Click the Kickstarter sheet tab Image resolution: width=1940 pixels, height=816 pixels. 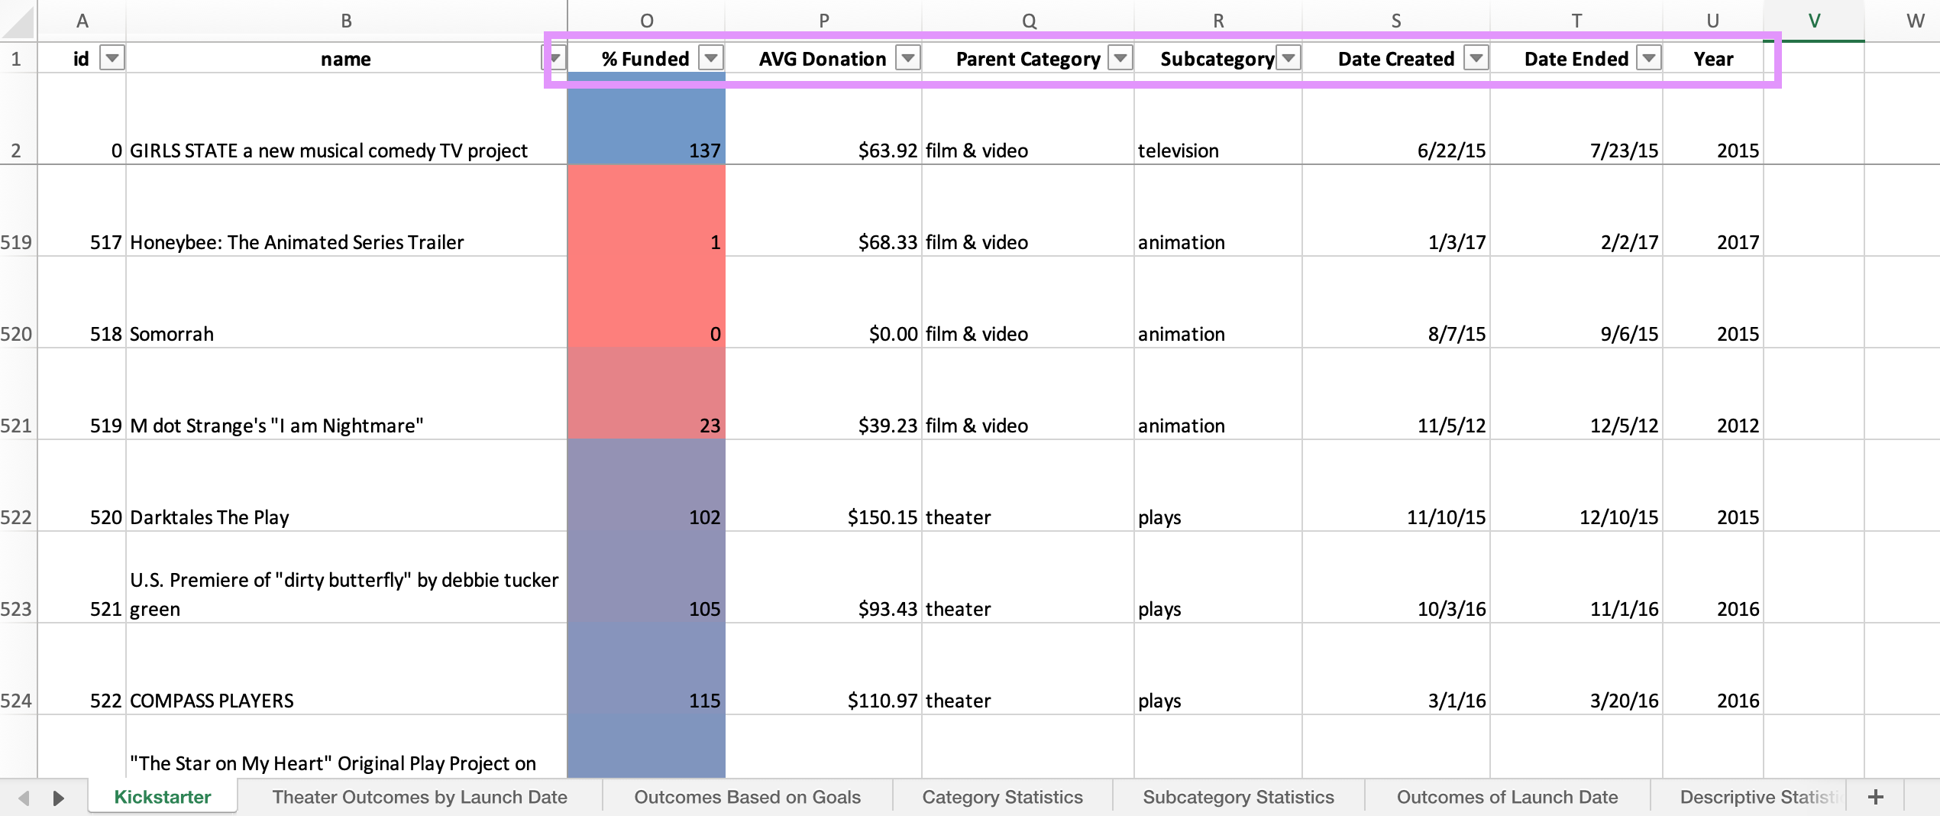(x=162, y=797)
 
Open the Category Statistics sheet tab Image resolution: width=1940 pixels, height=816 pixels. (x=1002, y=797)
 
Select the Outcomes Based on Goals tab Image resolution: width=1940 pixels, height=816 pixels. (x=747, y=797)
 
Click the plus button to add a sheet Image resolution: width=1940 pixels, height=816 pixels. (x=1876, y=797)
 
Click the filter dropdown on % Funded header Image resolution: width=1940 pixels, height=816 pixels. (x=711, y=58)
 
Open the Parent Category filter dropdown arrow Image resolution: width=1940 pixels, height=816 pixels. (x=1120, y=58)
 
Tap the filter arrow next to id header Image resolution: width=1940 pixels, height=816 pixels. (x=112, y=58)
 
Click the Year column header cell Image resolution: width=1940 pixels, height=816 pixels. (x=1712, y=59)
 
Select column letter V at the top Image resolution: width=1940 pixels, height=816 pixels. (x=1813, y=21)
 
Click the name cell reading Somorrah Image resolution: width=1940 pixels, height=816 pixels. (x=346, y=334)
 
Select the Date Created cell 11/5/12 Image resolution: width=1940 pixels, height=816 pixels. (x=1395, y=426)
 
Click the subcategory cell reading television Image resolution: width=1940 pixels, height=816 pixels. (x=1217, y=151)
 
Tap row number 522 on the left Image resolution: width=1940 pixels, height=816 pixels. (x=17, y=517)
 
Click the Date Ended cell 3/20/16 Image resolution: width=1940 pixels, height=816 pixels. (x=1575, y=701)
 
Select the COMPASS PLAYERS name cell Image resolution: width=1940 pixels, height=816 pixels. (x=346, y=701)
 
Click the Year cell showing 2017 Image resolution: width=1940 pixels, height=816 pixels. (x=1712, y=242)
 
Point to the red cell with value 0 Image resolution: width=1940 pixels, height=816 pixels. (x=646, y=334)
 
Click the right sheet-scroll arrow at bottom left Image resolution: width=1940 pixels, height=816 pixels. (x=58, y=798)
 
